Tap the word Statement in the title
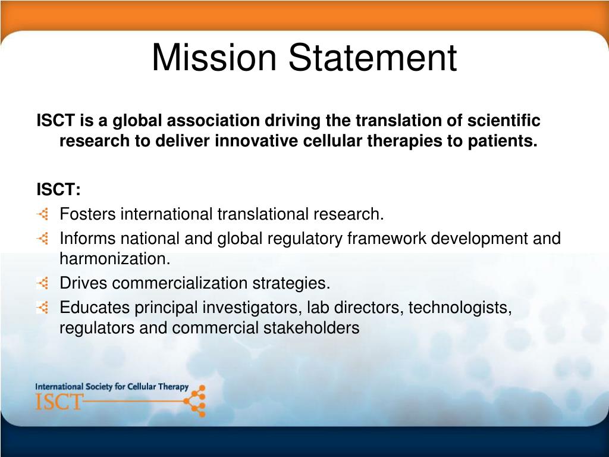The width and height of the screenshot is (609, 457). click(373, 58)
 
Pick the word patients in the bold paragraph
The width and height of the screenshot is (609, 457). click(501, 142)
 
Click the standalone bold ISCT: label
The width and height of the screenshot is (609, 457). click(58, 189)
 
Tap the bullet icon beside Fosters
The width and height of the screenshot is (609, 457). click(43, 214)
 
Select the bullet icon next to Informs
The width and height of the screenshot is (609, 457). click(43, 239)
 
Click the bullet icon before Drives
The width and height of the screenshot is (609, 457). click(43, 283)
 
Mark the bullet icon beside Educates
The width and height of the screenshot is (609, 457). click(43, 308)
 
